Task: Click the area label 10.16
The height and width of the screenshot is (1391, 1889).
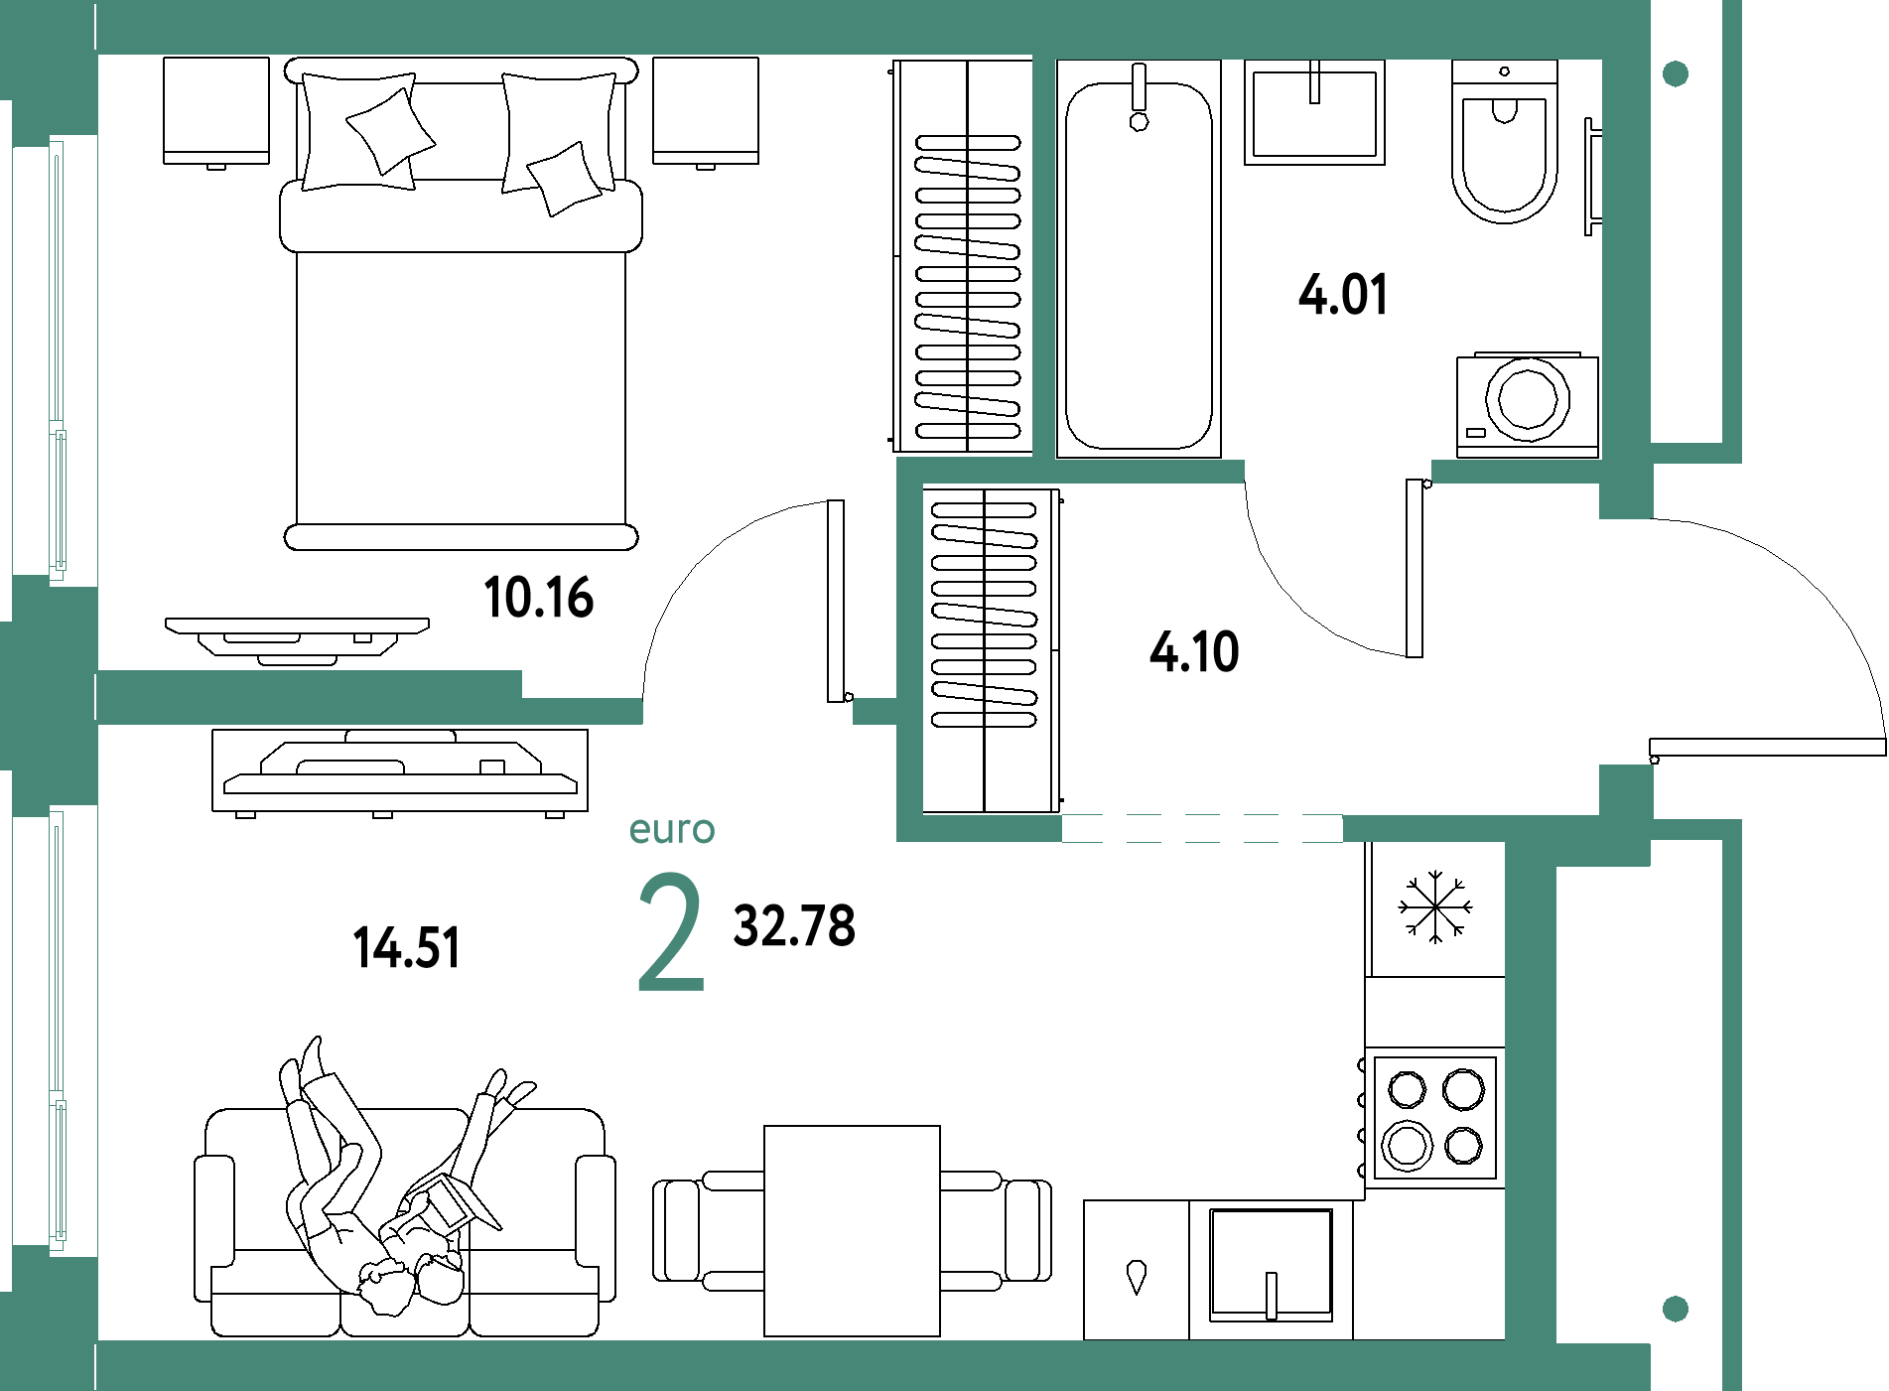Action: pyautogui.click(x=539, y=598)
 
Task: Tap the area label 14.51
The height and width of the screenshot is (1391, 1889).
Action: pyautogui.click(x=406, y=947)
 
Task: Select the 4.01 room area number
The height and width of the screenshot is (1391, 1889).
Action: pyautogui.click(x=1342, y=295)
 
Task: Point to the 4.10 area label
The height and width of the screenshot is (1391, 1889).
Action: pyautogui.click(x=1194, y=652)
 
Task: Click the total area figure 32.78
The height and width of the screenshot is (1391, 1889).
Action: pyautogui.click(x=793, y=925)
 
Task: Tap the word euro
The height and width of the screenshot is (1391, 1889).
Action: pyautogui.click(x=672, y=830)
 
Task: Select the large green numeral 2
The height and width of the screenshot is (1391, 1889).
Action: pyautogui.click(x=671, y=932)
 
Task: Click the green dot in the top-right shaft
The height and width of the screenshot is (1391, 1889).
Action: pyautogui.click(x=1676, y=73)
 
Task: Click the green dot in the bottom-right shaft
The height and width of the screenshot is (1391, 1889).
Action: pyautogui.click(x=1676, y=1309)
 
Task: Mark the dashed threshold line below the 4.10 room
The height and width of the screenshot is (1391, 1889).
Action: pyautogui.click(x=1202, y=828)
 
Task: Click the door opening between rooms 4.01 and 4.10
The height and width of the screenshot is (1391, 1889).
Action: pyautogui.click(x=1338, y=472)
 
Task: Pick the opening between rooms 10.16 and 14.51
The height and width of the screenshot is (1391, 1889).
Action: pyautogui.click(x=747, y=711)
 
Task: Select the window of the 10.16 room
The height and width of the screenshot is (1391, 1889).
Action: pyautogui.click(x=57, y=357)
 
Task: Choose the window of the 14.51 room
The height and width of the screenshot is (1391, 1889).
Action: pyautogui.click(x=57, y=1028)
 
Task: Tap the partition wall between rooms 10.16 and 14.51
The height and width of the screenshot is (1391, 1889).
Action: pyautogui.click(x=308, y=696)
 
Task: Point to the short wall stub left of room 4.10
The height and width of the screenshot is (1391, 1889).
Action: pyautogui.click(x=874, y=711)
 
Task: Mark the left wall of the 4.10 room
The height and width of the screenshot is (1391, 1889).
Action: pyautogui.click(x=909, y=649)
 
